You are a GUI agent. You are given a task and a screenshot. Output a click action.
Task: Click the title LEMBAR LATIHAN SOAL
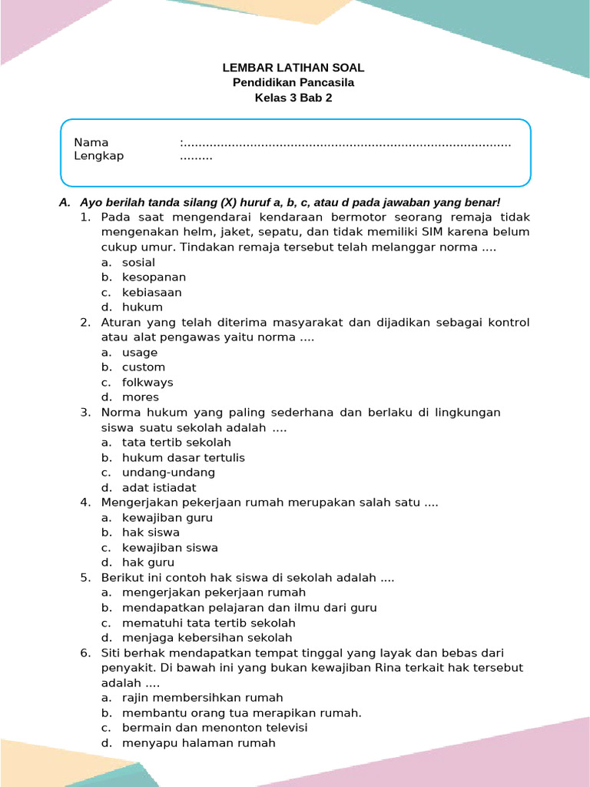(x=293, y=68)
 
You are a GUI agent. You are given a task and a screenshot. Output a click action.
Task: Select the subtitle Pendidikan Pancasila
(x=293, y=83)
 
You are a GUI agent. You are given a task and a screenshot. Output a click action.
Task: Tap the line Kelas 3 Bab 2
(x=293, y=98)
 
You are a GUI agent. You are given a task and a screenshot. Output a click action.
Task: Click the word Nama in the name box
(x=91, y=142)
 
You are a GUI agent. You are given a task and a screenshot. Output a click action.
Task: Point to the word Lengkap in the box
(x=98, y=156)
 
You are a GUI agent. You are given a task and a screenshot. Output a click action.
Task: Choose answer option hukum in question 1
(x=142, y=307)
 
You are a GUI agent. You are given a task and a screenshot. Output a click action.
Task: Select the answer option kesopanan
(x=154, y=277)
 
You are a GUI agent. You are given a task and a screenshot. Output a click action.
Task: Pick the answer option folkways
(x=147, y=383)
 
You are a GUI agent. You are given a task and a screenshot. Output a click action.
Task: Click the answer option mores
(x=141, y=397)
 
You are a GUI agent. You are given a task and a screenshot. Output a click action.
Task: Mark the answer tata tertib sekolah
(x=176, y=443)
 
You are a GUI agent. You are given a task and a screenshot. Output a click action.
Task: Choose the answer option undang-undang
(x=168, y=473)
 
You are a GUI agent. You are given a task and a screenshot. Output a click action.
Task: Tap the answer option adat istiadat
(x=159, y=488)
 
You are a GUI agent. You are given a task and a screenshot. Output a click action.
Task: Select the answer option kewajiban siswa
(x=170, y=548)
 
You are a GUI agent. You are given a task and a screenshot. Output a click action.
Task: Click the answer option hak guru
(x=148, y=563)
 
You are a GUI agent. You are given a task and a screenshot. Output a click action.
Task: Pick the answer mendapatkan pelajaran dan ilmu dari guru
(x=249, y=608)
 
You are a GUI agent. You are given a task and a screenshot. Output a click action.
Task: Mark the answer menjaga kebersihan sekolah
(x=207, y=638)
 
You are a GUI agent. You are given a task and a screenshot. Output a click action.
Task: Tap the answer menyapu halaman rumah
(x=198, y=743)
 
